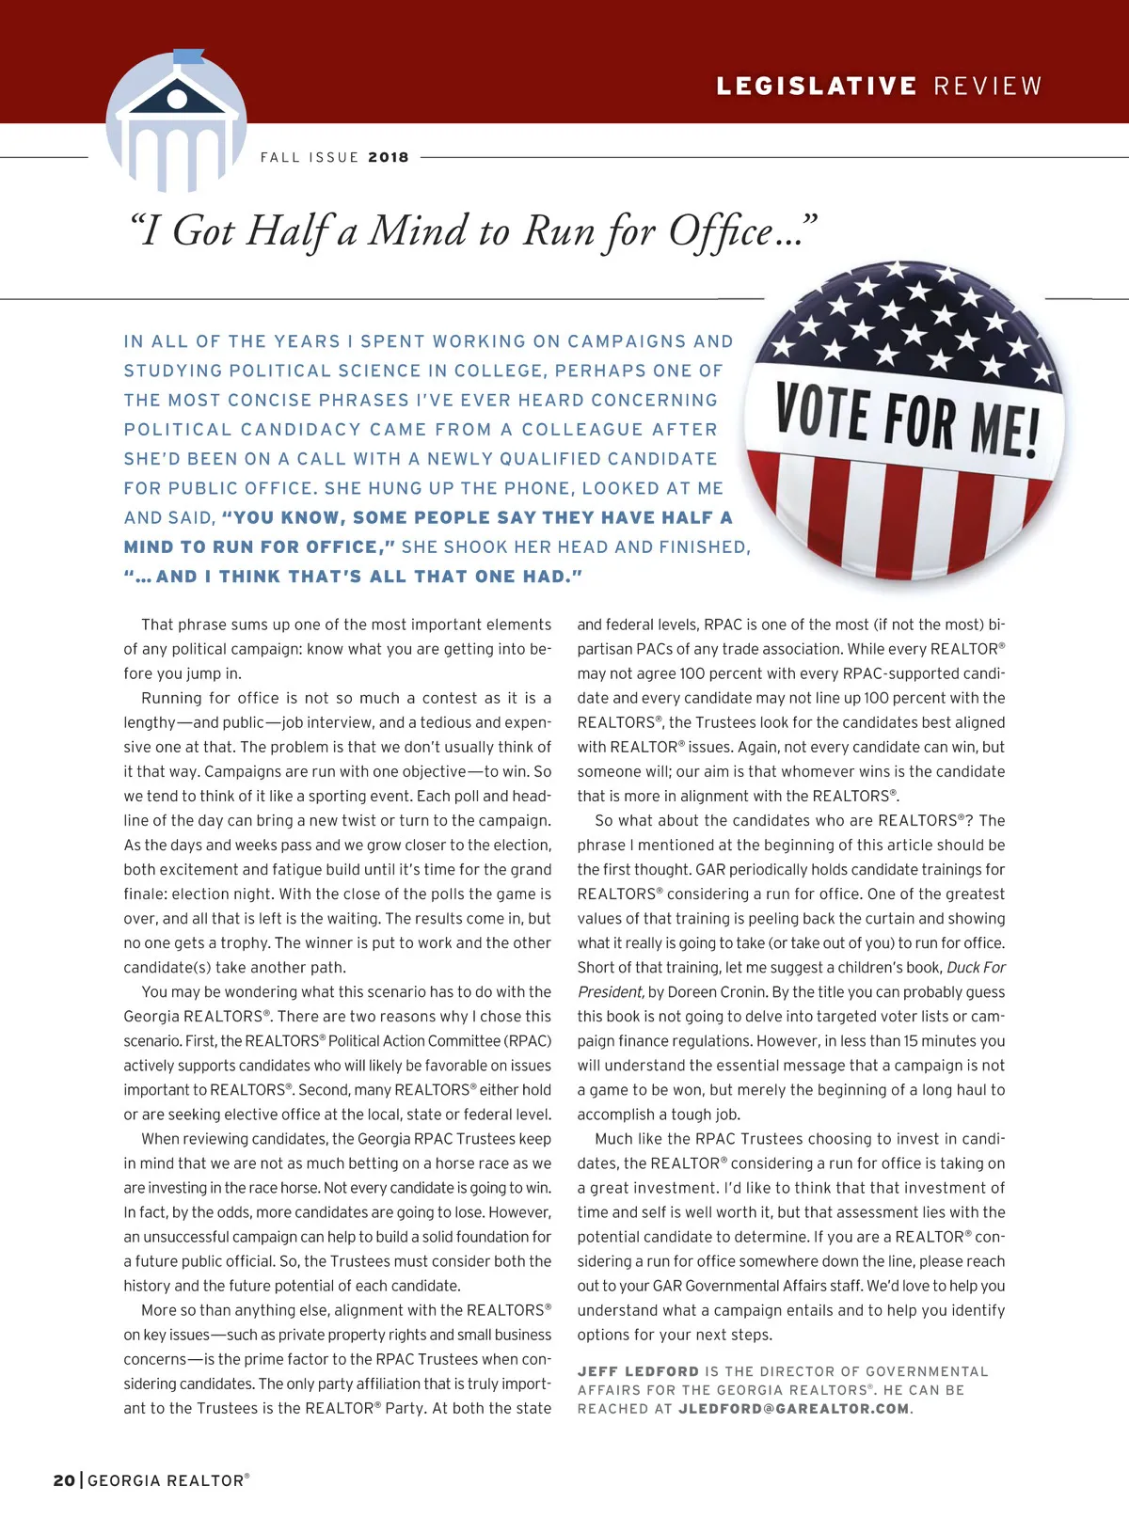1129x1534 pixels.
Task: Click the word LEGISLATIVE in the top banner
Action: pos(817,87)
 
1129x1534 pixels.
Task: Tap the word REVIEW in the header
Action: pos(988,87)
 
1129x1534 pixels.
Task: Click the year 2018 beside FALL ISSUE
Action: pos(389,157)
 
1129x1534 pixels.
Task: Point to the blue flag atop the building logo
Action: pos(188,55)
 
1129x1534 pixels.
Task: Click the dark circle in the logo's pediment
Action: pos(177,97)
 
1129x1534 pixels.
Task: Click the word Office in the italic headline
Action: pos(721,231)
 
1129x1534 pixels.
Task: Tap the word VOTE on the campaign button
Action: pos(822,413)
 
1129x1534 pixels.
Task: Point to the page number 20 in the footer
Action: pos(64,1480)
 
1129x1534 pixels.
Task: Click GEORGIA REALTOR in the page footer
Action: pos(167,1480)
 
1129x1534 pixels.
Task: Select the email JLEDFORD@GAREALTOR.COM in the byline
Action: pos(794,1409)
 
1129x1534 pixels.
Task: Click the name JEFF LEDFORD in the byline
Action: pos(638,1371)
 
